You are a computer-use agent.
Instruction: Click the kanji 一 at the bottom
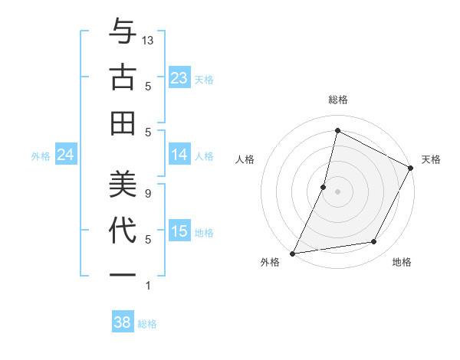coord(123,273)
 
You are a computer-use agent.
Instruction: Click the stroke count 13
coord(149,40)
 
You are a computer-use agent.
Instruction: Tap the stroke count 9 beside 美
coord(147,193)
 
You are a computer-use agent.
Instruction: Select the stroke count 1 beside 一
coord(147,286)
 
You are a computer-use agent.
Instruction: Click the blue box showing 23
coord(179,78)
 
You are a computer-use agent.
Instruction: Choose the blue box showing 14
coord(179,155)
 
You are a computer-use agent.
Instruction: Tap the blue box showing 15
coord(179,231)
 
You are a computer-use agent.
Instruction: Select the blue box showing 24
coord(65,155)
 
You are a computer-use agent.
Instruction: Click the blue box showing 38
coord(122,322)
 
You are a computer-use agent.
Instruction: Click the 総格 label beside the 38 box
coord(147,324)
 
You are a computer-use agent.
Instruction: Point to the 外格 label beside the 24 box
coord(41,156)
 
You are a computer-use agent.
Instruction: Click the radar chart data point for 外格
coord(293,253)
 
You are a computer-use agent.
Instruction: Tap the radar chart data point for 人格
coord(324,187)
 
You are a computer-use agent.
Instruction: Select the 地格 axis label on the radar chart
coord(402,262)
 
